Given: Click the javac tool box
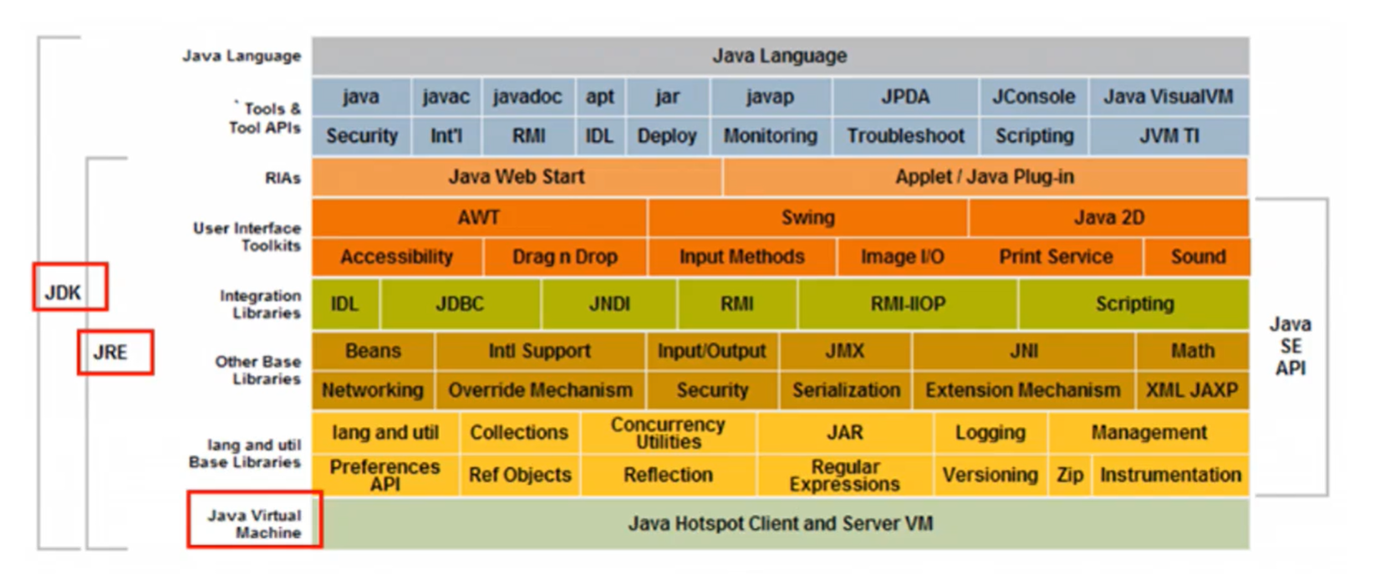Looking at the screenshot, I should point(446,97).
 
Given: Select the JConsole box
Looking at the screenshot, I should point(1033,97).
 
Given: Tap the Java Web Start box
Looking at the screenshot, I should point(516,177).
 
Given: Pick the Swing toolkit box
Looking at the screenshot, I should point(807,217).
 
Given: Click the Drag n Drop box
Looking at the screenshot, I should point(564,257).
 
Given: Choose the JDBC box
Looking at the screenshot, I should point(460,304).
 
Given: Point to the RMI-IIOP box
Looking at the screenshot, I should point(908,304).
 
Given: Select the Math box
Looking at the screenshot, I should point(1192,351).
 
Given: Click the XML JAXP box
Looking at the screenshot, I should point(1192,390).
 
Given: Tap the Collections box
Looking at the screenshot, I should point(518,433).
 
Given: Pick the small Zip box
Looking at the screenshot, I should point(1069,475).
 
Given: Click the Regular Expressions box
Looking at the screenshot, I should point(844,475).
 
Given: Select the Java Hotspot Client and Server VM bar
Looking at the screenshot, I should point(780,524).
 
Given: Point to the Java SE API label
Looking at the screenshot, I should point(1290,346).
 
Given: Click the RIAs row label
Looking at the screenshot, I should point(283,178).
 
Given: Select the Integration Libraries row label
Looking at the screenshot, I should point(260,304).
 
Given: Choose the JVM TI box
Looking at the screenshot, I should point(1169,136).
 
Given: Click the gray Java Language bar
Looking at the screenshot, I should point(780,56).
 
